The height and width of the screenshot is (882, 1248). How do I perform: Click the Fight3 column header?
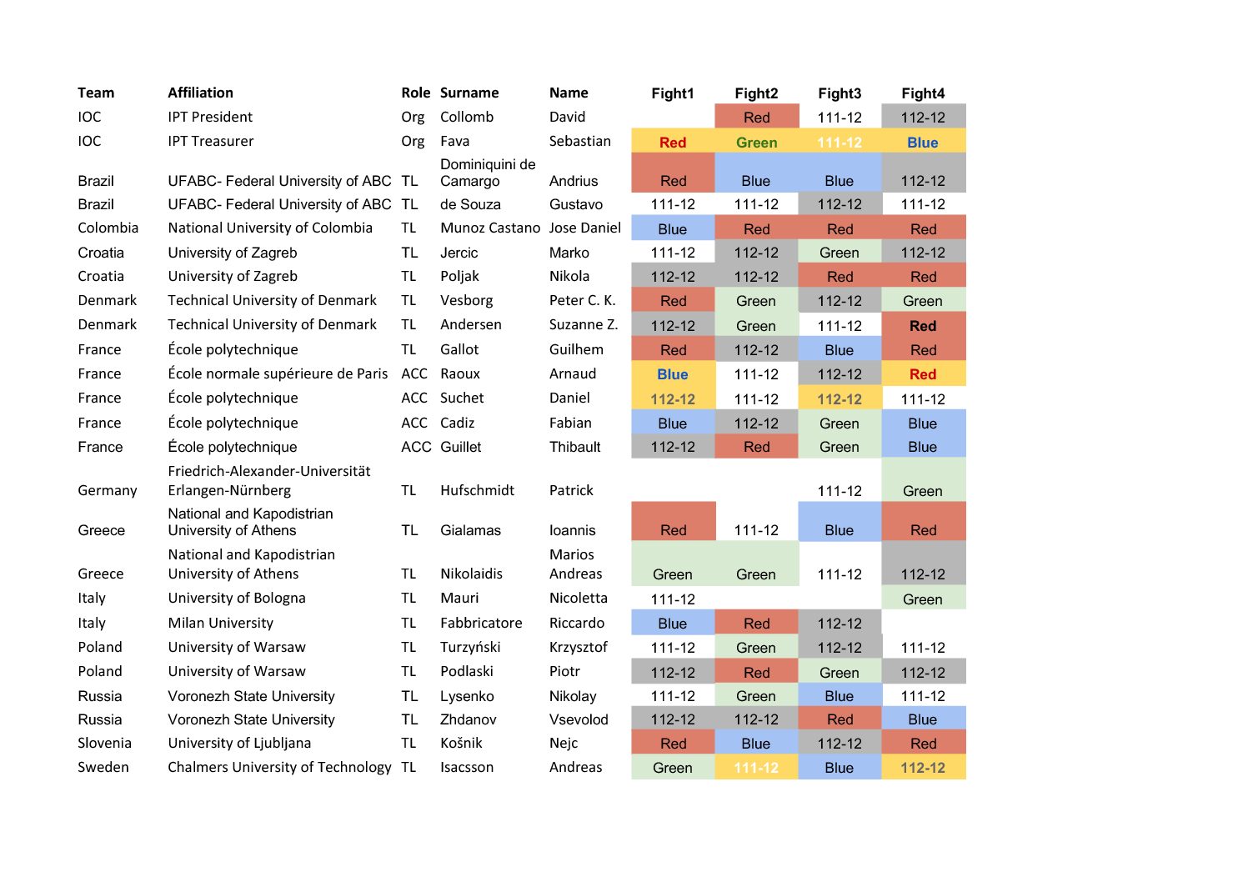pyautogui.click(x=839, y=93)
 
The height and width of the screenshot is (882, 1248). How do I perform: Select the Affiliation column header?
pyautogui.click(x=200, y=93)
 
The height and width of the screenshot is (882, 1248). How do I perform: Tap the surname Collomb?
pyautogui.click(x=467, y=117)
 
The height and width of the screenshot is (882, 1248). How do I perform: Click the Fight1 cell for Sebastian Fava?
pyautogui.click(x=673, y=143)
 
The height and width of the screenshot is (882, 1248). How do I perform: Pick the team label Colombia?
pyautogui.click(x=108, y=228)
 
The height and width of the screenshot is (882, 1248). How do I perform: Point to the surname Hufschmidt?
pyautogui.click(x=477, y=490)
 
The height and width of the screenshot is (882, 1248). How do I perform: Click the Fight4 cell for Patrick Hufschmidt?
pyautogui.click(x=923, y=491)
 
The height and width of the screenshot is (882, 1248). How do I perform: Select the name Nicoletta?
pyautogui.click(x=579, y=598)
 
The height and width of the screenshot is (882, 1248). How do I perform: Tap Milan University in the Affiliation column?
pyautogui.click(x=220, y=623)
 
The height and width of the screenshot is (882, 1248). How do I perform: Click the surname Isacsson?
pyautogui.click(x=467, y=767)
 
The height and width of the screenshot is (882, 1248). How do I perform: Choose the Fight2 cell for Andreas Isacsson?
pyautogui.click(x=756, y=768)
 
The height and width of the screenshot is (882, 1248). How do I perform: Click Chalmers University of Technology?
pyautogui.click(x=279, y=767)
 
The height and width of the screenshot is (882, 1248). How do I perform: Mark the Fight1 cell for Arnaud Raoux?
pyautogui.click(x=673, y=374)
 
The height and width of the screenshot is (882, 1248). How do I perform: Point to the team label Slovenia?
pyautogui.click(x=104, y=743)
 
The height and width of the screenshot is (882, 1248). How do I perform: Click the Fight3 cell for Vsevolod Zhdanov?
pyautogui.click(x=840, y=719)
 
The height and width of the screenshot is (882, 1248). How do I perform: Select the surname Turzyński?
pyautogui.click(x=470, y=647)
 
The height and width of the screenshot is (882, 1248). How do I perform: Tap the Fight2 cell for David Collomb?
pyautogui.click(x=756, y=118)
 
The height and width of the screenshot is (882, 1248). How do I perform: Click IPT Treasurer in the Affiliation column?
pyautogui.click(x=210, y=141)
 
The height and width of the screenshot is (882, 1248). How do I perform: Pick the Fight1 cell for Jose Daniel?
pyautogui.click(x=673, y=229)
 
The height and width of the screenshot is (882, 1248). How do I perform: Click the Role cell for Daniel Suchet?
pyautogui.click(x=413, y=398)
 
